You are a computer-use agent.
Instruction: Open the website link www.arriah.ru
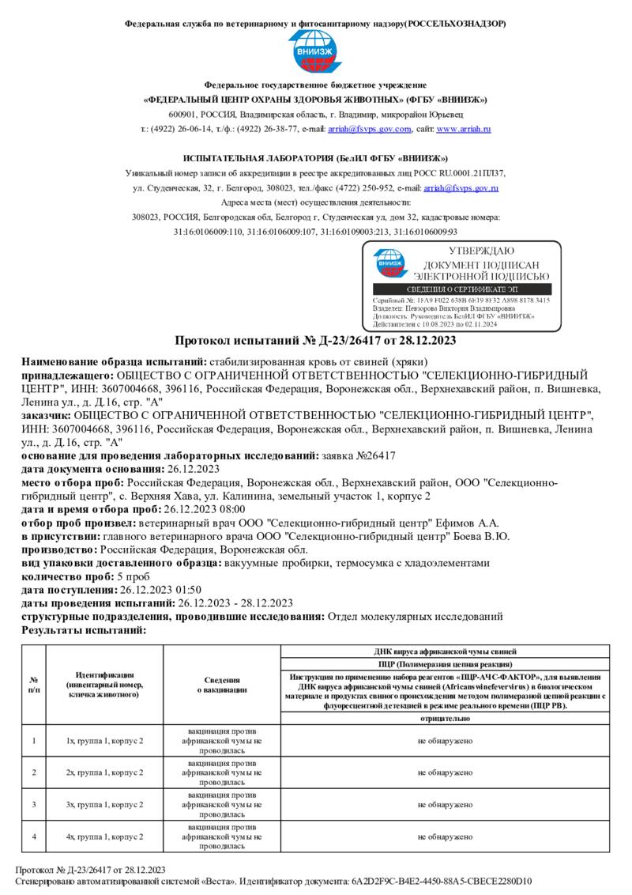(x=464, y=129)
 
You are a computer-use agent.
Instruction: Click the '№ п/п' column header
(x=33, y=685)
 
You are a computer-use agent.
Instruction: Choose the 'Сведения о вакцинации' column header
(x=222, y=685)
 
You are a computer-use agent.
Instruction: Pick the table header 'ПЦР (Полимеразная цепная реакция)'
(x=445, y=663)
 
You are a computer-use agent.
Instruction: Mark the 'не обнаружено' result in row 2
(x=445, y=772)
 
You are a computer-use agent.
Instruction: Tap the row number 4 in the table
(x=33, y=836)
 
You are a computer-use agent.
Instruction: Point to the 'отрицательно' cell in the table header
(x=445, y=718)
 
